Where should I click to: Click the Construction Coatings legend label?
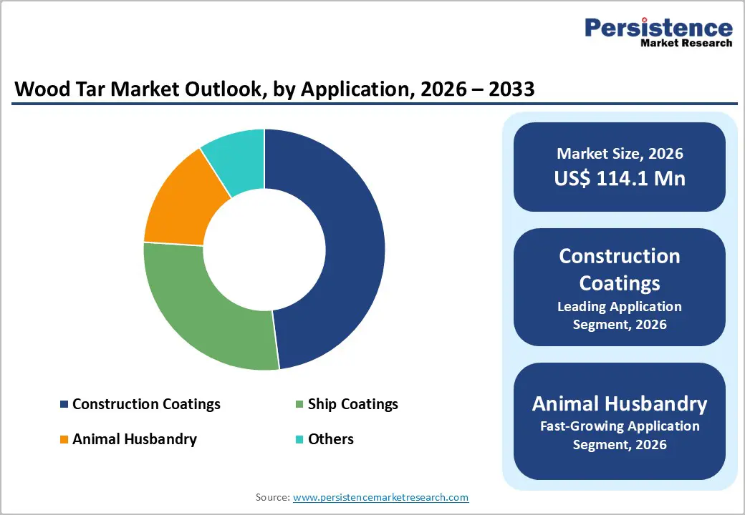pyautogui.click(x=146, y=404)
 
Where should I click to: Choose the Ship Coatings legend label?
pyautogui.click(x=352, y=404)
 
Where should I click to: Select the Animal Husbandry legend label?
pyautogui.click(x=134, y=438)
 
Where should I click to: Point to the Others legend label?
pyautogui.click(x=330, y=438)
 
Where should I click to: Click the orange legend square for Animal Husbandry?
pyautogui.click(x=64, y=439)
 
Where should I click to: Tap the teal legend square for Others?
pyautogui.click(x=299, y=439)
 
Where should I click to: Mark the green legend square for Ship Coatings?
pyautogui.click(x=299, y=405)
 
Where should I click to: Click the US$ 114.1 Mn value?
pyautogui.click(x=620, y=178)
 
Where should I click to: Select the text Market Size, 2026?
pyautogui.click(x=620, y=154)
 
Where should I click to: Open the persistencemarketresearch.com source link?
pyautogui.click(x=380, y=497)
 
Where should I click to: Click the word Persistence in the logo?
pyautogui.click(x=658, y=28)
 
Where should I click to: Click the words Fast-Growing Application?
pyautogui.click(x=620, y=426)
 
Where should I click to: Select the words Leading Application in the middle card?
pyautogui.click(x=620, y=307)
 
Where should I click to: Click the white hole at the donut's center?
pyautogui.click(x=264, y=250)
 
